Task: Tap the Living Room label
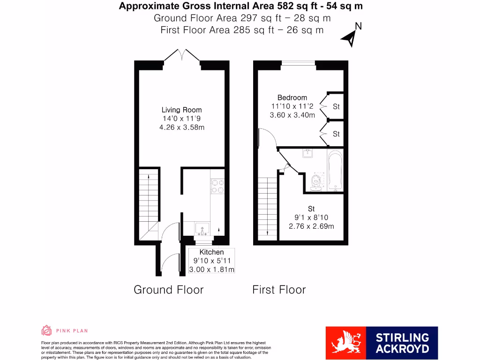click(x=182, y=110)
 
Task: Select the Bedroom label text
click(x=292, y=97)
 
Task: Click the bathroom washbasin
click(x=308, y=153)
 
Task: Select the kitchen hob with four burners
click(x=217, y=186)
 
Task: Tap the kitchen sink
click(x=202, y=229)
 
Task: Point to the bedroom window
click(x=298, y=62)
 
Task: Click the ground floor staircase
click(x=148, y=202)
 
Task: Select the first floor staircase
click(x=267, y=206)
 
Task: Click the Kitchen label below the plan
click(x=211, y=252)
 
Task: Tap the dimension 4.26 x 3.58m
click(x=182, y=127)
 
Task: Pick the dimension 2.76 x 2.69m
click(x=311, y=226)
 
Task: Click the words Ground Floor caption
click(x=169, y=290)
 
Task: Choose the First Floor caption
click(x=279, y=290)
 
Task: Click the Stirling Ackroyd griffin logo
click(x=346, y=343)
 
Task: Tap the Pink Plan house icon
click(x=46, y=330)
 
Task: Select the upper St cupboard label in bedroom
click(x=336, y=107)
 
